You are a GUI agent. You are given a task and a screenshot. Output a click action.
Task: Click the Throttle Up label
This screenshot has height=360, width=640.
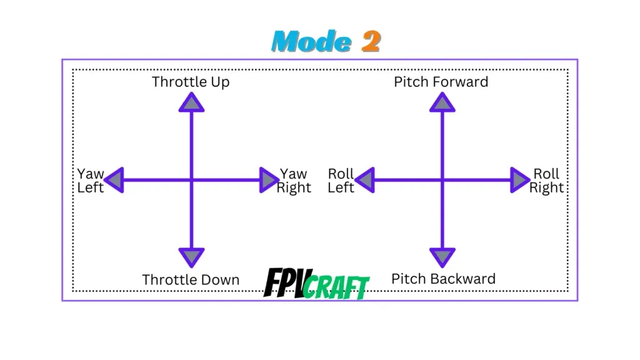tap(191, 82)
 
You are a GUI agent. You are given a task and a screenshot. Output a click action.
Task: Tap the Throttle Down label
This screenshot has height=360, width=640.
tap(191, 279)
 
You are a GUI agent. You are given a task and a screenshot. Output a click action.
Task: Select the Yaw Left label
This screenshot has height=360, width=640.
tap(91, 181)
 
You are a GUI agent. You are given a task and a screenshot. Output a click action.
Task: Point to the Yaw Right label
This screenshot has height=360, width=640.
tap(294, 181)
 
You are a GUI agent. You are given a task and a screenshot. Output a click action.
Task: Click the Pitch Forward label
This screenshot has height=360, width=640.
tap(441, 82)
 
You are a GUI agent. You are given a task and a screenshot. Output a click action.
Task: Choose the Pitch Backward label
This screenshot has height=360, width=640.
tap(443, 279)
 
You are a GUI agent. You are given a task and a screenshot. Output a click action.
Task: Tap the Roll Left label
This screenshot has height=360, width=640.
tap(341, 181)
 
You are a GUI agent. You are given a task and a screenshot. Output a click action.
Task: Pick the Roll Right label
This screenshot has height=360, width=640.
tap(546, 181)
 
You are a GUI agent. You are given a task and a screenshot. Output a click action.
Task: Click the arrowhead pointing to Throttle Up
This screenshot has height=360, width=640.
tap(191, 103)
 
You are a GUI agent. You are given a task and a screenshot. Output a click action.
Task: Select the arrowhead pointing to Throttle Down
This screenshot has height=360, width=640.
tap(191, 256)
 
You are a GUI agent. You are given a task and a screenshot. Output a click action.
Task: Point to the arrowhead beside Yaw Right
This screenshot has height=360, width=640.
tap(268, 180)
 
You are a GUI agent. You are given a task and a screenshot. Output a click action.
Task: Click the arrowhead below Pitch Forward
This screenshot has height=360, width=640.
tap(442, 103)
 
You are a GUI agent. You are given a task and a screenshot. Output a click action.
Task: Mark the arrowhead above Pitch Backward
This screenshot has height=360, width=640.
tap(442, 256)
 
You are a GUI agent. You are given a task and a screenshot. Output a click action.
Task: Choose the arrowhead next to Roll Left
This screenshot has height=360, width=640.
tap(366, 180)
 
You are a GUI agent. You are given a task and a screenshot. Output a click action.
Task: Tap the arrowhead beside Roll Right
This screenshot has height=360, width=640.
tap(519, 180)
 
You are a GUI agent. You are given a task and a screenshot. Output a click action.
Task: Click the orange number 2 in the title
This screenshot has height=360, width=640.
tap(371, 42)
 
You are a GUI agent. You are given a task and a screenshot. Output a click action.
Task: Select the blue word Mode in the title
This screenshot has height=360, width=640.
tap(312, 42)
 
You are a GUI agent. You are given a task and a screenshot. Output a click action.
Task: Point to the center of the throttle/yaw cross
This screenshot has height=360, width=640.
tap(191, 180)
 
